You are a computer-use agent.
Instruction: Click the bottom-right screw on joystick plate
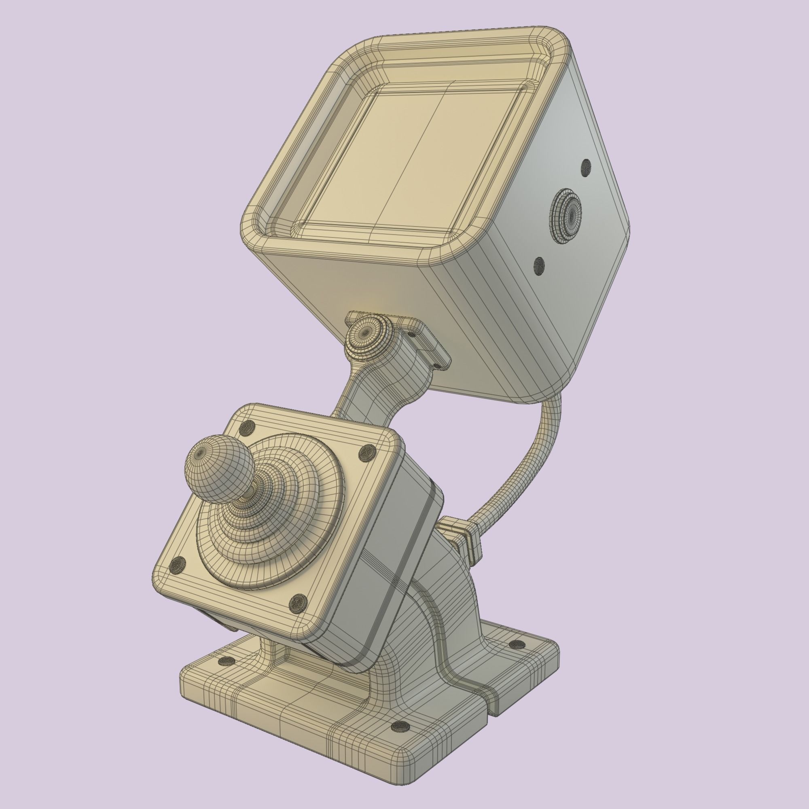tap(297, 603)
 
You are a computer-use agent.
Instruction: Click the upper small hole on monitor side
tap(586, 167)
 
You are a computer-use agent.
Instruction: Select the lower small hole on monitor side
tap(539, 265)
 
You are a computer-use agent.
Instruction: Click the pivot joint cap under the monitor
tap(366, 333)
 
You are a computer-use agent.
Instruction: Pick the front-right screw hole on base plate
tap(400, 738)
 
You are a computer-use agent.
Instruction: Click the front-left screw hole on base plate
tap(228, 661)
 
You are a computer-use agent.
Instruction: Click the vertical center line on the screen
tap(415, 159)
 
